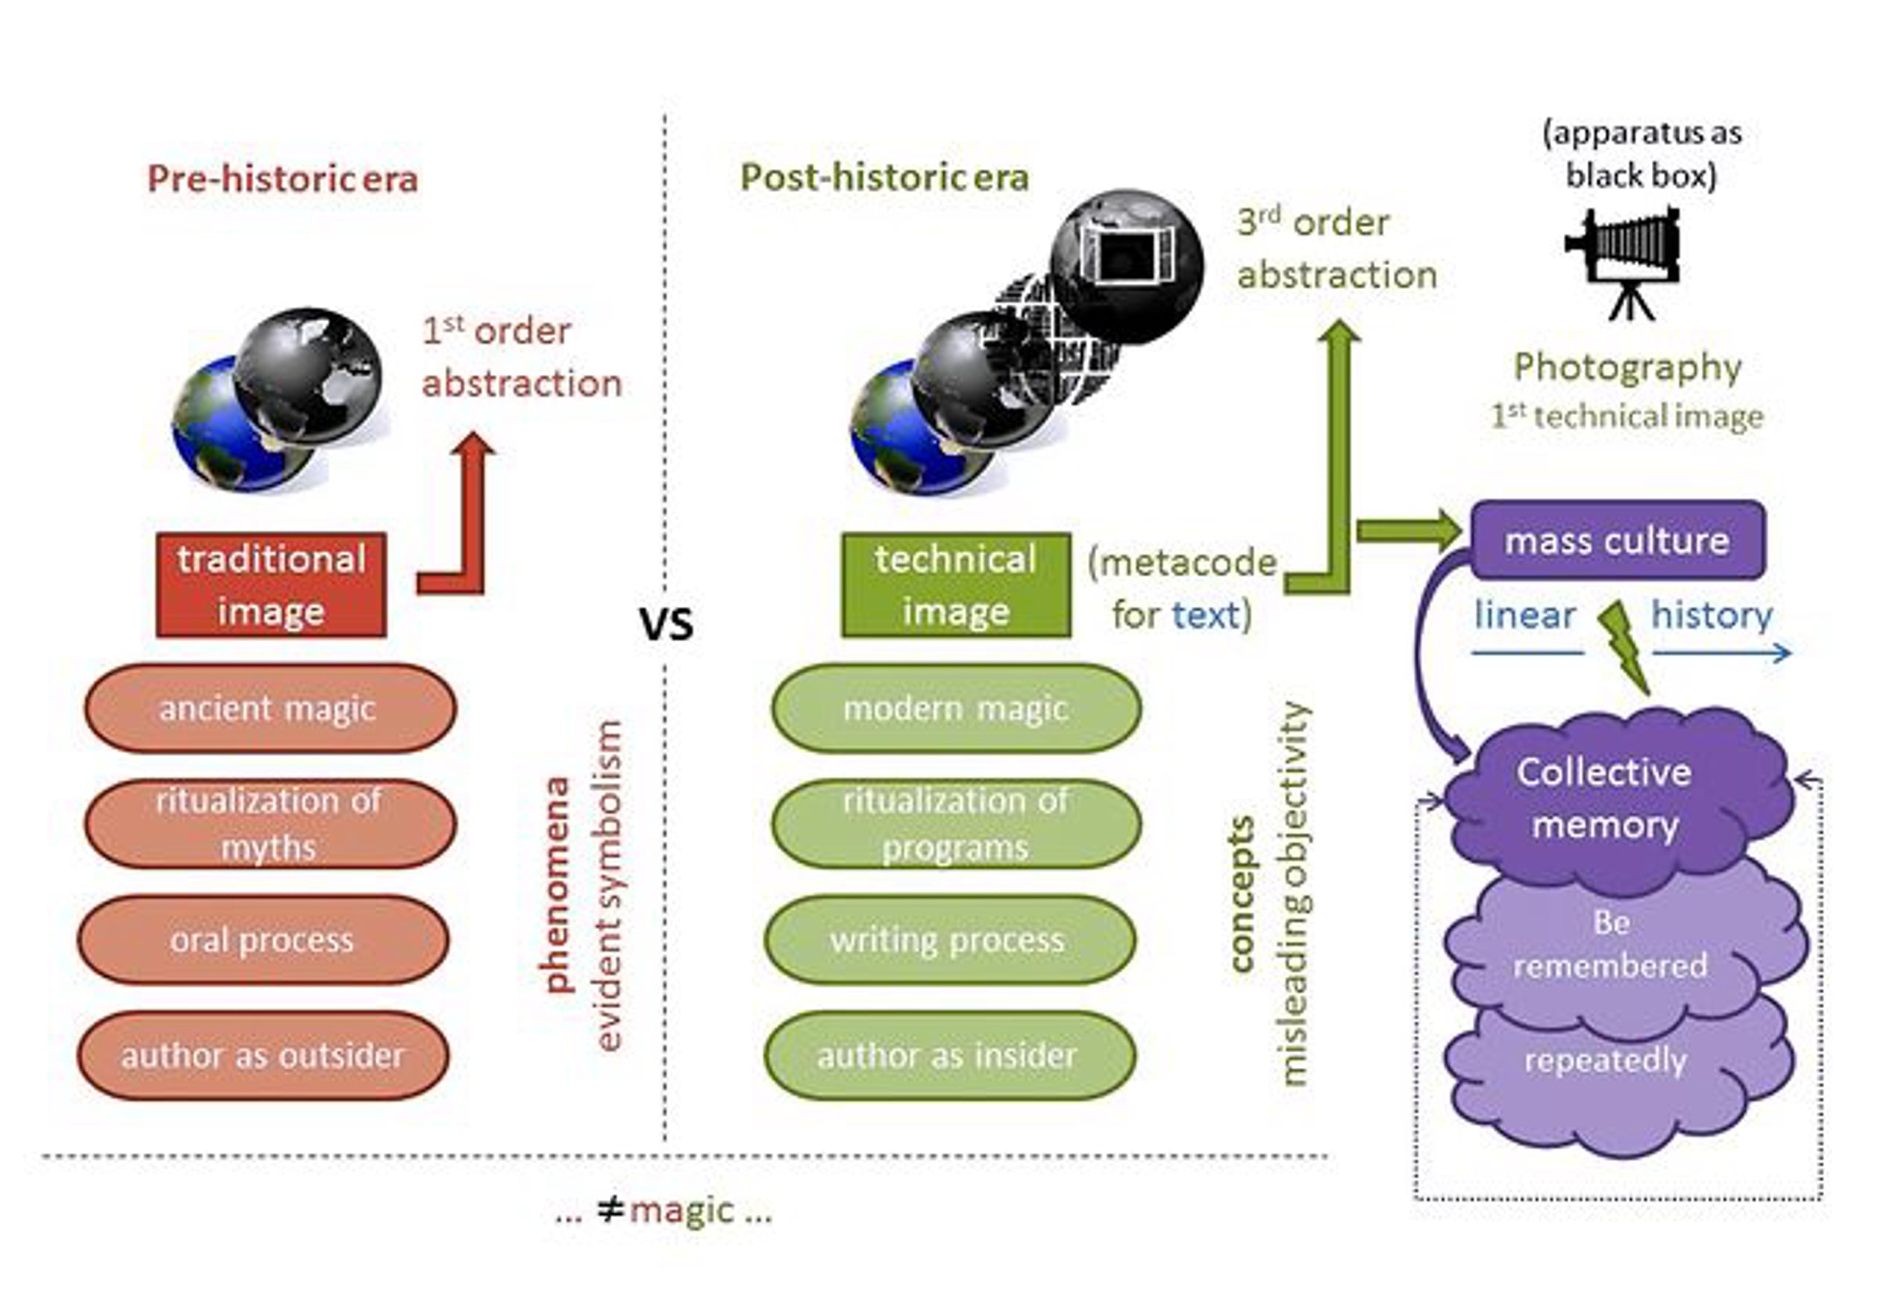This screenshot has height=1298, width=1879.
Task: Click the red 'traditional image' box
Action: pyautogui.click(x=271, y=585)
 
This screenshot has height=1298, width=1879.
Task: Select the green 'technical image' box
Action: pyautogui.click(x=956, y=585)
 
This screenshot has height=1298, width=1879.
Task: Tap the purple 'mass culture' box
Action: pyautogui.click(x=1618, y=541)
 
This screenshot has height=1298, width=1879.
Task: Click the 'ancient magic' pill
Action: pyautogui.click(x=270, y=708)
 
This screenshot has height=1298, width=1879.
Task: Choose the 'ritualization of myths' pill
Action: pyautogui.click(x=270, y=824)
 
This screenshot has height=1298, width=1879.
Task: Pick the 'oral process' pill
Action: pyautogui.click(x=263, y=940)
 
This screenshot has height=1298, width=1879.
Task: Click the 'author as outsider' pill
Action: pyautogui.click(x=263, y=1055)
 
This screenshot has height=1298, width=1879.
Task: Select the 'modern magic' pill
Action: pyautogui.click(x=957, y=708)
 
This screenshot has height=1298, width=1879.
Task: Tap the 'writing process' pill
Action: pyautogui.click(x=949, y=940)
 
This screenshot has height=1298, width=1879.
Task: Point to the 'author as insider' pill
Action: pyautogui.click(x=949, y=1055)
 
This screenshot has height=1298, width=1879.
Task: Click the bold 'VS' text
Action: pyautogui.click(x=666, y=625)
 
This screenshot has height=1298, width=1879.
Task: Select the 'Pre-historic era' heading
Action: pyautogui.click(x=283, y=179)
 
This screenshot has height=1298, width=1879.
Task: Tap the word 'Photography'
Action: pyautogui.click(x=1628, y=369)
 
